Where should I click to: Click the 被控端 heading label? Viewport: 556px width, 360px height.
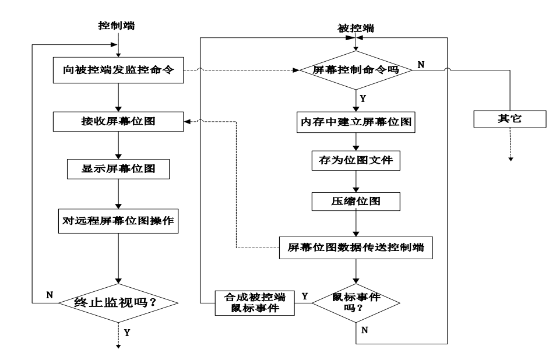(356, 28)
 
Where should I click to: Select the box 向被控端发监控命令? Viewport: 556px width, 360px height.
(118, 70)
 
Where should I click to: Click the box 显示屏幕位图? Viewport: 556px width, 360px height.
(118, 170)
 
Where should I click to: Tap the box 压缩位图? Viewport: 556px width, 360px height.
(356, 200)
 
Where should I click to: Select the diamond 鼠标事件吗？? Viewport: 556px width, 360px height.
(356, 302)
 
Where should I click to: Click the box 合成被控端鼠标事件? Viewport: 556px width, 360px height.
(255, 302)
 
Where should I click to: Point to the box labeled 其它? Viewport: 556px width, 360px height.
(510, 119)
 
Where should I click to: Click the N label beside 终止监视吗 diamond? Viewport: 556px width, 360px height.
(50, 295)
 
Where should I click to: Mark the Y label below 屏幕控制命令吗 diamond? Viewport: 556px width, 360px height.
(363, 98)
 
